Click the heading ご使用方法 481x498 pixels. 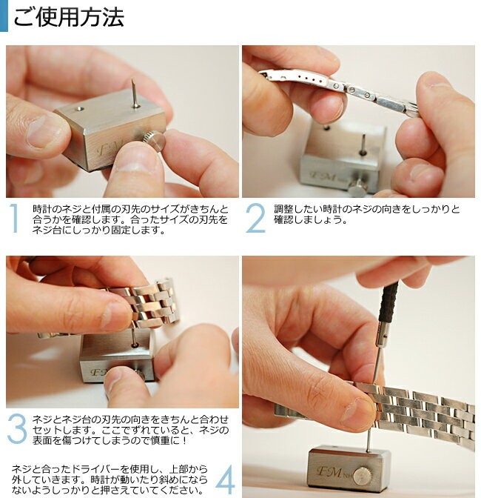coord(69,17)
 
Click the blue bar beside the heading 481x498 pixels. coord(4,16)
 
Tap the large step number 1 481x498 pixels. coord(13,218)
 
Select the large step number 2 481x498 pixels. coord(255,218)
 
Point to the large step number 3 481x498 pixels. coord(17,429)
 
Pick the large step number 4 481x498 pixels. coord(226,480)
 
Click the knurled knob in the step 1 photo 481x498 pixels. coord(153,140)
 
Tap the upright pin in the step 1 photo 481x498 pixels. coord(135,93)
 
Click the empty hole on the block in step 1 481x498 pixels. coord(79,109)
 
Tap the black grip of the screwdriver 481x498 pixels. coord(388,301)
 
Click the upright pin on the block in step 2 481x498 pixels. coord(363,145)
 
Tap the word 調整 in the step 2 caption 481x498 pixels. coord(283,209)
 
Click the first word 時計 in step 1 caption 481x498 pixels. coord(42,209)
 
